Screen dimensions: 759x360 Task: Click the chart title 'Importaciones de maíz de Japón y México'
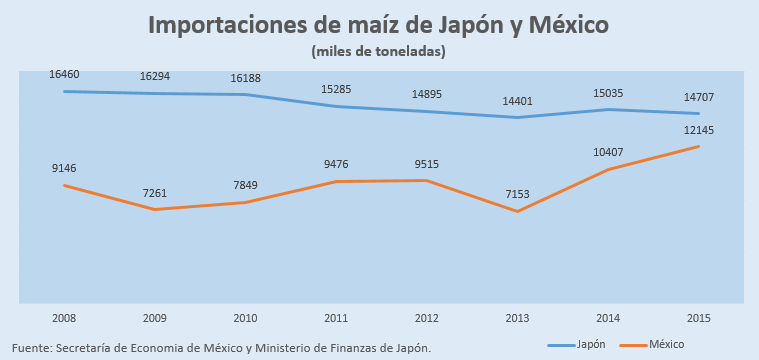tap(378, 25)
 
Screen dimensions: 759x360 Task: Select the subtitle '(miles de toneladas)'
tap(378, 51)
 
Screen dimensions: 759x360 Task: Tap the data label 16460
tap(64, 75)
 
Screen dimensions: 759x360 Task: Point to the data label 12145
tap(699, 130)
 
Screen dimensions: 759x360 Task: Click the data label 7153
tap(517, 194)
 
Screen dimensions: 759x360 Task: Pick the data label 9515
tap(426, 164)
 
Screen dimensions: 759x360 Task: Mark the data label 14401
tap(517, 101)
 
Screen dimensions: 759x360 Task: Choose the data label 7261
tap(155, 194)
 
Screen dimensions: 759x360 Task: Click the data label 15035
tap(608, 93)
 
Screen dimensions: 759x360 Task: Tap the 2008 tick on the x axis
tap(64, 318)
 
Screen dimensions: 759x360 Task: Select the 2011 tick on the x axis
tap(336, 318)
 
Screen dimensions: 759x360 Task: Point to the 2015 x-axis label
tap(698, 318)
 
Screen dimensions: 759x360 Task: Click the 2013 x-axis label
tap(517, 318)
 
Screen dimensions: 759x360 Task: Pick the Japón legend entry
tap(576, 345)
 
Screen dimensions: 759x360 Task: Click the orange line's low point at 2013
tap(517, 211)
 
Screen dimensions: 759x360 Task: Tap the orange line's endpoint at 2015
tap(698, 146)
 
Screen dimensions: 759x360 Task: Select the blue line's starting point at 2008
tap(64, 91)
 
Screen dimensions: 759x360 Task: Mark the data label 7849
tap(245, 185)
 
